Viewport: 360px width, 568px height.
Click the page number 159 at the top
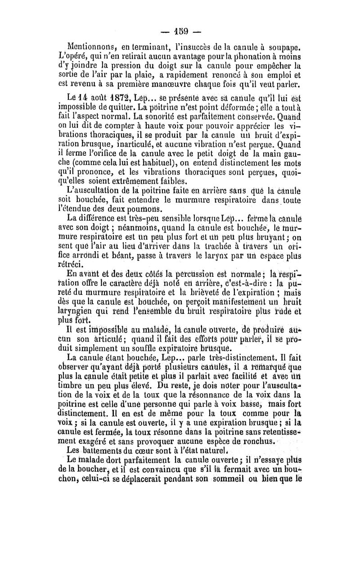(x=185, y=32)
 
